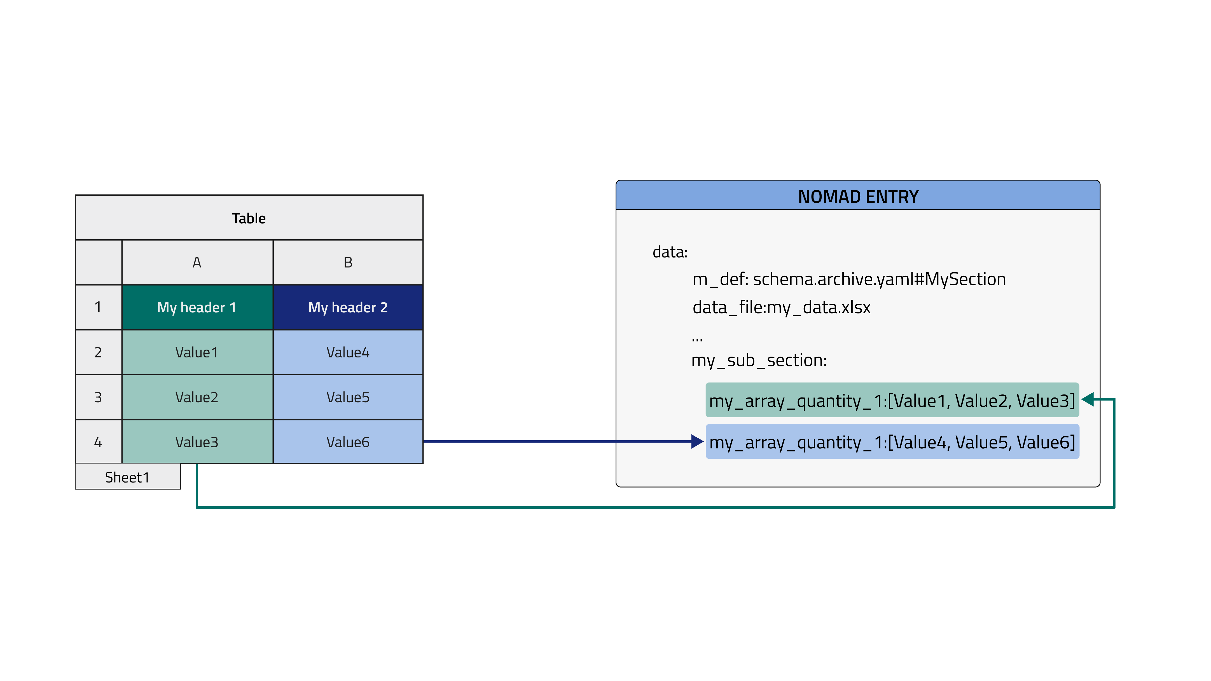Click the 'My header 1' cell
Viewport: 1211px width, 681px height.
click(197, 307)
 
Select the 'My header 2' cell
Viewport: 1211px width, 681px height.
click(348, 307)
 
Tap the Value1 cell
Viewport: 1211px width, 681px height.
click(197, 352)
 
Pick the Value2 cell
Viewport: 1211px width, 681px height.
click(197, 397)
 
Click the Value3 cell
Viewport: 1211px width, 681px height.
click(197, 442)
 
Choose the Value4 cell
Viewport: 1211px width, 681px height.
click(348, 352)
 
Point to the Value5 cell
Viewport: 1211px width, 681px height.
click(348, 397)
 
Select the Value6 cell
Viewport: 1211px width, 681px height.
click(348, 442)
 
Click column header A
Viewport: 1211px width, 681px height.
click(197, 262)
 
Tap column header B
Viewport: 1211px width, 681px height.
click(348, 262)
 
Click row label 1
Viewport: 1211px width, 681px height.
click(98, 307)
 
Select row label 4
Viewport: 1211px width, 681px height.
click(98, 442)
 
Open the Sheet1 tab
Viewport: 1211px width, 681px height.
click(127, 477)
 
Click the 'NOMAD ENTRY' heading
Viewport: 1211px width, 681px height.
click(858, 196)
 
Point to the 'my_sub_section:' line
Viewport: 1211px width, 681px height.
click(759, 361)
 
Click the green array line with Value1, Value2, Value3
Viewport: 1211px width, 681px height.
click(892, 401)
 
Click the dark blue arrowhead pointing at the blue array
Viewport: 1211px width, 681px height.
click(697, 442)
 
